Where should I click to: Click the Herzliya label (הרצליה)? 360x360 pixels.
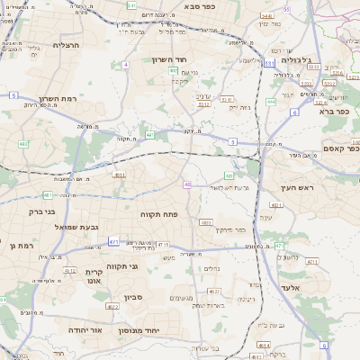(67, 44)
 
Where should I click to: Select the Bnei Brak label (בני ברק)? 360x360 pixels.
(38, 212)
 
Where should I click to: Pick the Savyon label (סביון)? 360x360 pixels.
(133, 296)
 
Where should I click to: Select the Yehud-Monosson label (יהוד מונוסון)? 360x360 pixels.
(164, 330)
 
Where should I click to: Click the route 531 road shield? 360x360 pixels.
(270, 63)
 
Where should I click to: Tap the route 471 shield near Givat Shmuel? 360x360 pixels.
(114, 241)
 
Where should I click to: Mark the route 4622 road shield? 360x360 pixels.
(112, 307)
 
